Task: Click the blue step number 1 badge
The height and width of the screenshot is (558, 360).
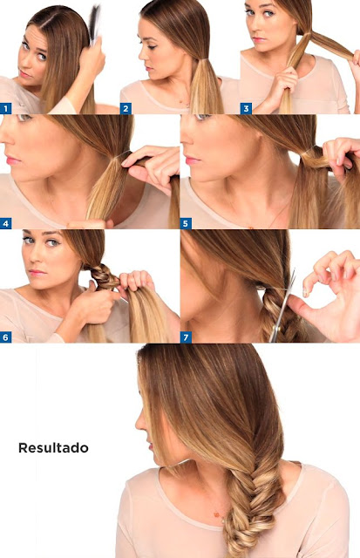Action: coord(6,108)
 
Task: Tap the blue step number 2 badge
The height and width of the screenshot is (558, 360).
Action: coord(126,108)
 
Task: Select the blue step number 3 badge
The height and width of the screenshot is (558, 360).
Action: coord(246,108)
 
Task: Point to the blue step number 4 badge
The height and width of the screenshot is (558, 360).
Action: coord(6,223)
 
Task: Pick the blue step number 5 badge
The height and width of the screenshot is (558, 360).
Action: coord(186,223)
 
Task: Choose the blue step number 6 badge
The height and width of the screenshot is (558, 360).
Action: coord(6,337)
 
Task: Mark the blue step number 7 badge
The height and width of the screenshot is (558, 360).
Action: coord(186,337)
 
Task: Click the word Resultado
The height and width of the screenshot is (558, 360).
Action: coord(53,447)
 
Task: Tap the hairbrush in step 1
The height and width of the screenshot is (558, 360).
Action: coord(95,25)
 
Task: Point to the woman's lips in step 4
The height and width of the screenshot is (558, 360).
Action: coord(13,160)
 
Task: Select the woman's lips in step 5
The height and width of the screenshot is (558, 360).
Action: coord(192,160)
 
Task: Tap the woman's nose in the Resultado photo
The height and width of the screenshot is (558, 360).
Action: coord(139,422)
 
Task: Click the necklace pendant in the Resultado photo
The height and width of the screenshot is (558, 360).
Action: coord(216,514)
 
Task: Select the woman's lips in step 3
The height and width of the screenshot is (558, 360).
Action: coord(259,39)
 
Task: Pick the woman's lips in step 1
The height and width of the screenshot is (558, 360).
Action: coord(25,74)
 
